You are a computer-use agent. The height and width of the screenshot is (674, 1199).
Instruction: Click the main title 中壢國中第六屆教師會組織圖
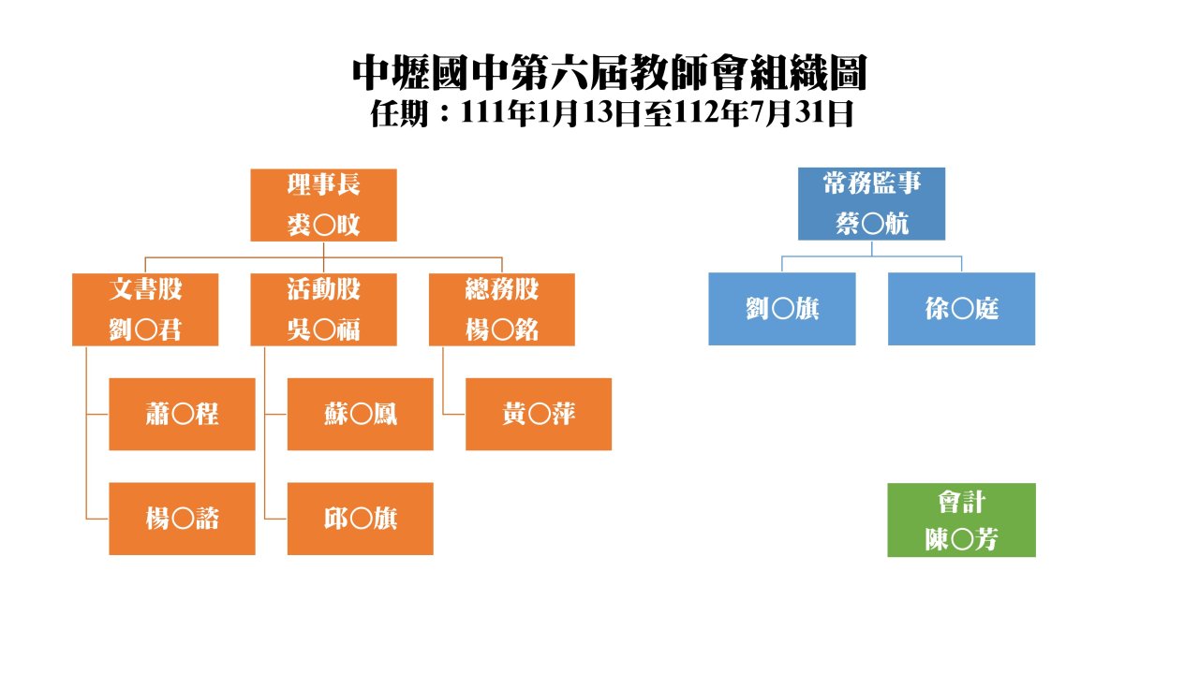(x=609, y=73)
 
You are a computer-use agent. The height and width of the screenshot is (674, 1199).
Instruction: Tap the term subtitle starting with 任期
(x=612, y=113)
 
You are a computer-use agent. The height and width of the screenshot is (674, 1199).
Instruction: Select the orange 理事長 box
(x=323, y=205)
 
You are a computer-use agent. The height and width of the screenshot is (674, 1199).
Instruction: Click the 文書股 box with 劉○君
(x=145, y=310)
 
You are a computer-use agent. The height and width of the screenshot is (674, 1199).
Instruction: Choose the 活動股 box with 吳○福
(x=323, y=310)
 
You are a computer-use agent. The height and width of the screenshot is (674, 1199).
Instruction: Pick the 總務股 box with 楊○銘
(x=501, y=310)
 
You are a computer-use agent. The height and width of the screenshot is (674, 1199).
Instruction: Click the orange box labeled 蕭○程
(x=182, y=414)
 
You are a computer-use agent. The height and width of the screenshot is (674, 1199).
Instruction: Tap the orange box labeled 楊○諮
(x=182, y=519)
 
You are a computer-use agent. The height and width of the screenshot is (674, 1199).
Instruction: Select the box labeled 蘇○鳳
(x=361, y=414)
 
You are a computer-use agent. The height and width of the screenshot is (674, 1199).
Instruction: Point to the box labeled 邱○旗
(x=361, y=519)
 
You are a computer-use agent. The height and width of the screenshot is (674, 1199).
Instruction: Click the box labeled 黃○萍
(x=539, y=414)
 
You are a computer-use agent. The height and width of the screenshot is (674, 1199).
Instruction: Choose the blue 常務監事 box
(x=871, y=204)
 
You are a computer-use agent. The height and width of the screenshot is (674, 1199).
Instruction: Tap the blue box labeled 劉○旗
(x=782, y=309)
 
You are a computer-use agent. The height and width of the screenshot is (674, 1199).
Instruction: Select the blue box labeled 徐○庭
(x=961, y=309)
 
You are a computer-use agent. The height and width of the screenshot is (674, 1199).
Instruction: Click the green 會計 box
(x=961, y=520)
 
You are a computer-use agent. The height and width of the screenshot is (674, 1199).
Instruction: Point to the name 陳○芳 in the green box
(x=961, y=539)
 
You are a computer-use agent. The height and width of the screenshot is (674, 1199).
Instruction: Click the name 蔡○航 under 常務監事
(x=872, y=224)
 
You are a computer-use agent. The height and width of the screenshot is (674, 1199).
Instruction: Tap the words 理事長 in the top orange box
(x=323, y=184)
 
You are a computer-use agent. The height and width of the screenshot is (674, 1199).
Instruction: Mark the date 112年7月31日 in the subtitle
(x=763, y=113)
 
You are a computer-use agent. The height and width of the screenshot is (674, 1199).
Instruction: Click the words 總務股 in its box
(x=501, y=289)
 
